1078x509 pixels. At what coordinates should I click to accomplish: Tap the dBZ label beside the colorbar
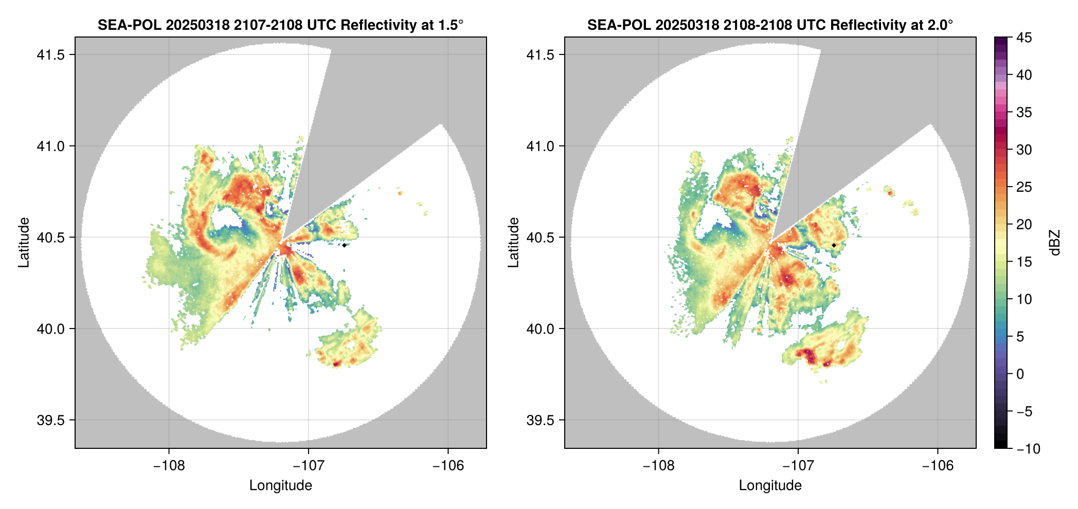[1055, 243]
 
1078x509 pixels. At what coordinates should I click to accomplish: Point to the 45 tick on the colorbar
[1023, 38]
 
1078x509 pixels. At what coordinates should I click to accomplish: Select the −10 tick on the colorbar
[1028, 449]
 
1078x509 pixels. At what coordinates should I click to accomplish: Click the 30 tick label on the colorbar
[1023, 150]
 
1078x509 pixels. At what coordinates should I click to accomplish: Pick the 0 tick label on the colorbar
[1020, 374]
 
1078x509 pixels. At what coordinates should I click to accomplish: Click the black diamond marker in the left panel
[344, 245]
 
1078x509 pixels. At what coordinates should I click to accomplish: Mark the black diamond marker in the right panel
[834, 245]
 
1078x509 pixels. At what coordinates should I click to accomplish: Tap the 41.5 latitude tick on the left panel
[51, 55]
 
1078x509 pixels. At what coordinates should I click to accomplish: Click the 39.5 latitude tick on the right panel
[541, 420]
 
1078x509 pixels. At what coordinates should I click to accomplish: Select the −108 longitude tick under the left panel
[169, 465]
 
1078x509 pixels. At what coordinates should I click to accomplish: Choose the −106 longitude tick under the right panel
[938, 465]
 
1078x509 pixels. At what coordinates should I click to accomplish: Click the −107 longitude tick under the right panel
[798, 465]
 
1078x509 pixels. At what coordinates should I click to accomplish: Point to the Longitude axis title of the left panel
[281, 485]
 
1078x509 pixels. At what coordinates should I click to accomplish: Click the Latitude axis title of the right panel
[513, 243]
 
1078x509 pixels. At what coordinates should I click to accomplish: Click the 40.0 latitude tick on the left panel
[51, 329]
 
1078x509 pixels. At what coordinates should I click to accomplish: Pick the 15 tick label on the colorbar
[1023, 262]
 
